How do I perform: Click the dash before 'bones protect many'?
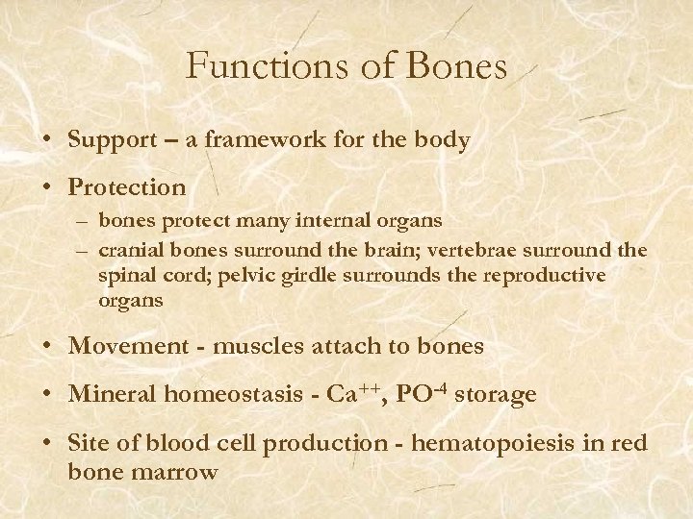[84, 222]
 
